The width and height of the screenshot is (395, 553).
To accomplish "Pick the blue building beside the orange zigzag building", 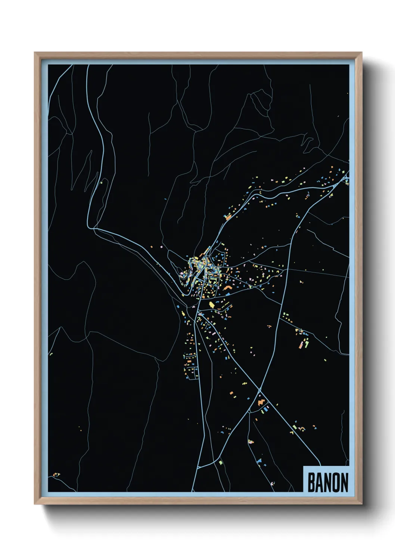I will [x=267, y=409].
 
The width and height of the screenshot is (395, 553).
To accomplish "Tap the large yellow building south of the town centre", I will [x=212, y=305].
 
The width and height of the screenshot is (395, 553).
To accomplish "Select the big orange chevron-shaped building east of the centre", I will [x=227, y=287].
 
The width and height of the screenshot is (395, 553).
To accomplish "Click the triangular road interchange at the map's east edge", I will [x=344, y=179].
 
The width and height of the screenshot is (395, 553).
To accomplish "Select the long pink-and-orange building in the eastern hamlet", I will [x=301, y=345].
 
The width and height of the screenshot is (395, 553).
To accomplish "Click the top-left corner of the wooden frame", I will [x=35, y=53].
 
